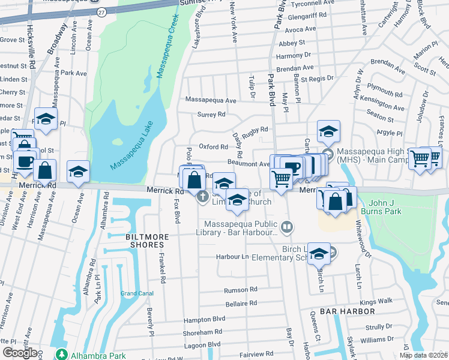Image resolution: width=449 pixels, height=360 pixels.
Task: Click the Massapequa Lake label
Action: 132,145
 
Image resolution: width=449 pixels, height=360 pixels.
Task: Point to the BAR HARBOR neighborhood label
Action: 348,311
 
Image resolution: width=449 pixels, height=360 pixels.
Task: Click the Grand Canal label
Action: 137,293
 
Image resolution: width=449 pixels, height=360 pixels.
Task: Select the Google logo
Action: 20,353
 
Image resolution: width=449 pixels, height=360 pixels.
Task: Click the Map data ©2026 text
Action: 423,355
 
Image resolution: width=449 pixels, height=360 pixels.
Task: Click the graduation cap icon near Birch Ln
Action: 319,253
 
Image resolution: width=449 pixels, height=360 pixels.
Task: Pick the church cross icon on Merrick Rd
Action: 203,196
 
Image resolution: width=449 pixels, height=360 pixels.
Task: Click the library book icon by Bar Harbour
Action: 287,226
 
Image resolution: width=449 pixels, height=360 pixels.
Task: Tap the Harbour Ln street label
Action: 232,257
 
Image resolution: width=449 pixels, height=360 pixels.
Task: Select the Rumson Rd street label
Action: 240,290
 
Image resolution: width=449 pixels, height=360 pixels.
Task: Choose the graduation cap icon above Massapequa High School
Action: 328,131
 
